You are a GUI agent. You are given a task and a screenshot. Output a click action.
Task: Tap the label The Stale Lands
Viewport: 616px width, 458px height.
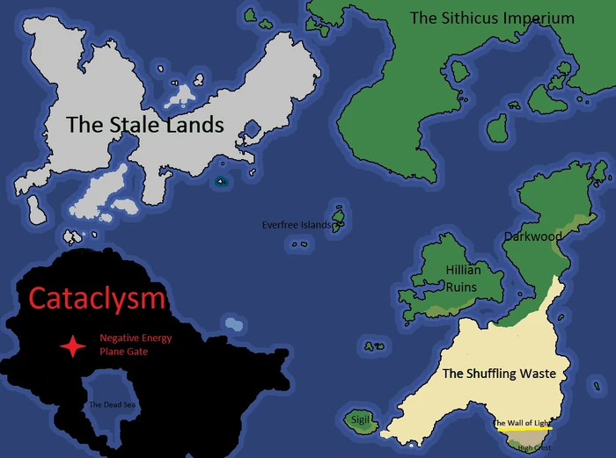[x=145, y=125]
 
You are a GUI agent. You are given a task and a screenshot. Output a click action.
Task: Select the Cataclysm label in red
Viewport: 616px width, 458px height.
[x=97, y=298]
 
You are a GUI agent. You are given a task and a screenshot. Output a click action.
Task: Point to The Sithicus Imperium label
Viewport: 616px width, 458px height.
[x=492, y=18]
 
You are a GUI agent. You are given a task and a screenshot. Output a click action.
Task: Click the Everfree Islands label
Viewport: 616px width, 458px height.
[x=297, y=225]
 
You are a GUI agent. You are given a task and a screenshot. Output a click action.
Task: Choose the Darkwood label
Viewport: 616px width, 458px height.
[x=532, y=236]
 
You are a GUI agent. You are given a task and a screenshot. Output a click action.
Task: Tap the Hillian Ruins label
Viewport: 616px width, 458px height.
[x=462, y=279]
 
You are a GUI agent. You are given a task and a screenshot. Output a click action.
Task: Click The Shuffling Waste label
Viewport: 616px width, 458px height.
[x=499, y=374]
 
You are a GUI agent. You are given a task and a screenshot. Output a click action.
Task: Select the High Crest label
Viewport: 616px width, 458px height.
[x=535, y=447]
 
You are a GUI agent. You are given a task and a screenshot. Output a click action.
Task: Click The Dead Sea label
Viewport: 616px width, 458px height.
[x=112, y=405]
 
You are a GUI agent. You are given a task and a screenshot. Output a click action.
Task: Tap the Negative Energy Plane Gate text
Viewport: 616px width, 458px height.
[x=135, y=344]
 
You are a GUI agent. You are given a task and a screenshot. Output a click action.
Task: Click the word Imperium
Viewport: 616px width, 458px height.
[x=537, y=18]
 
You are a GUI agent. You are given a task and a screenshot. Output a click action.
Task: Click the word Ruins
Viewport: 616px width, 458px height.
[x=462, y=287]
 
